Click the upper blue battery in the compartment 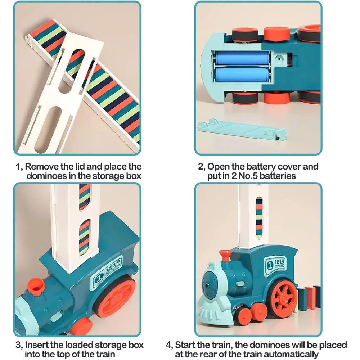[x=242, y=58]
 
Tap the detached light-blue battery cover [x=242, y=130]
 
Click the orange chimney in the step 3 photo [x=36, y=287]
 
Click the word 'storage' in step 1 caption [x=108, y=176]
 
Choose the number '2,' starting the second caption [x=202, y=167]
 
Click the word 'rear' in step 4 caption [x=218, y=354]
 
